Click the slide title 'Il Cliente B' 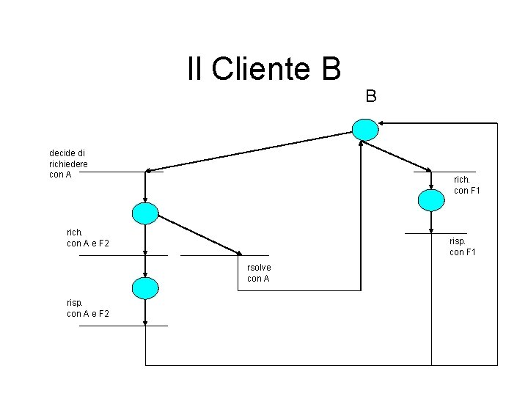(264, 69)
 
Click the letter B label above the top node (371, 96)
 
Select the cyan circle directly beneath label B (364, 130)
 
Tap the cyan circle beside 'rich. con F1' (430, 199)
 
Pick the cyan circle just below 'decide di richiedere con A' (145, 213)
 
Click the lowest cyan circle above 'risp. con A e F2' (145, 288)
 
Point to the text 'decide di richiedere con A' (68, 164)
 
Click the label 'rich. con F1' (466, 185)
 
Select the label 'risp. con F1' (462, 246)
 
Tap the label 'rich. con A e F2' (87, 238)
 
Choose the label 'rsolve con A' (259, 273)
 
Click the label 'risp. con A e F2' (87, 308)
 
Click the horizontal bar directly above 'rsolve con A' (214, 255)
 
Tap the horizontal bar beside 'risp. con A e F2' (122, 325)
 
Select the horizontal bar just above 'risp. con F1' (436, 233)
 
